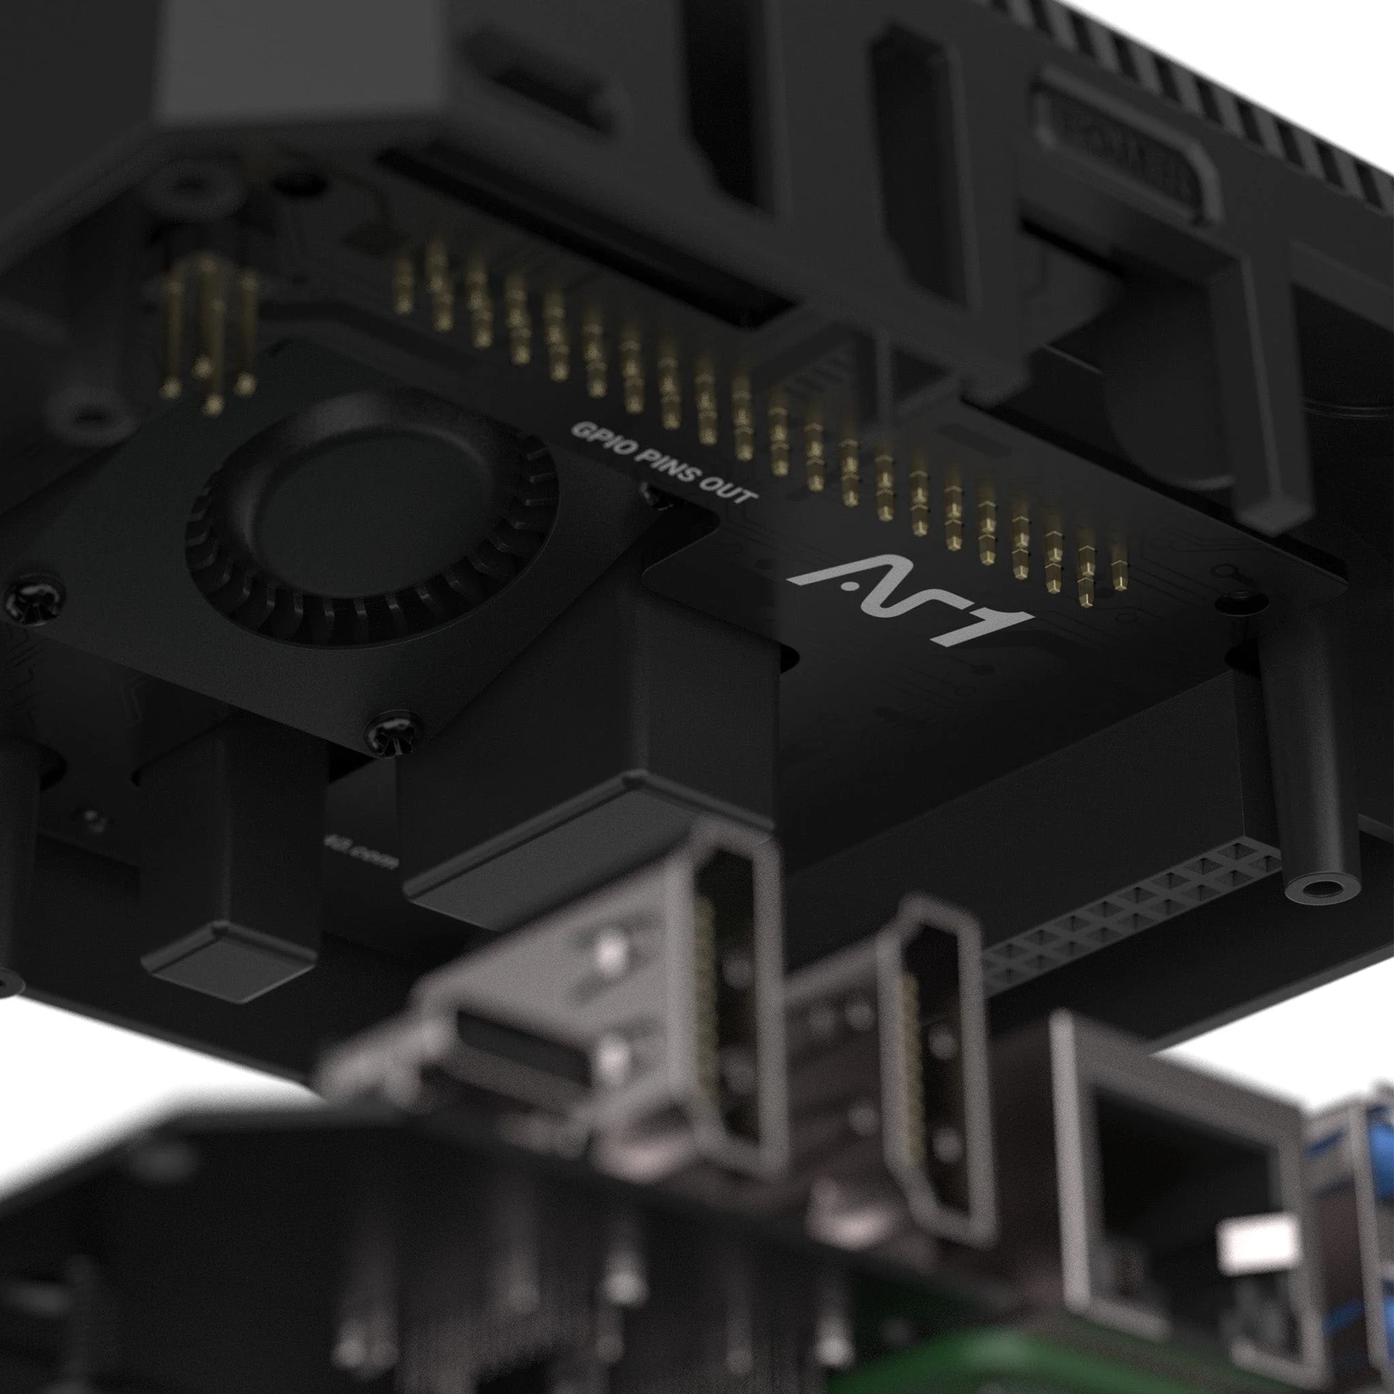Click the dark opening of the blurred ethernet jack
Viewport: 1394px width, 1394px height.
point(1133,1154)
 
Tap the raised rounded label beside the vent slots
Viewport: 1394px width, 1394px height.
point(1126,155)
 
